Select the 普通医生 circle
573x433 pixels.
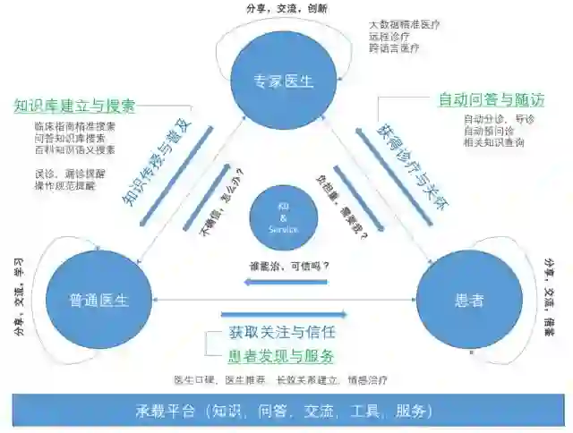99,301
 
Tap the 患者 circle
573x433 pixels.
469,301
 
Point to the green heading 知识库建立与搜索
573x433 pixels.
74,106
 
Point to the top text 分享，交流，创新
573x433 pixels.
286,8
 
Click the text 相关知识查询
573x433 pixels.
494,142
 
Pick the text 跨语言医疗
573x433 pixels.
394,48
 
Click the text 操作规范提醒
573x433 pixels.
63,186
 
